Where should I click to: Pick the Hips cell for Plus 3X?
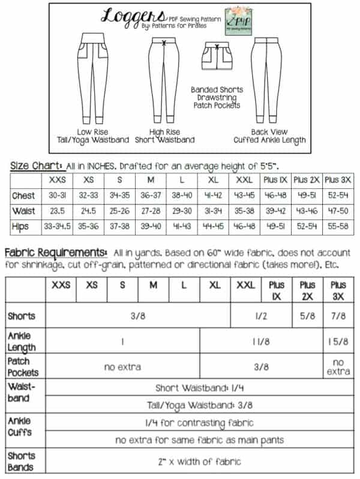coord(339,225)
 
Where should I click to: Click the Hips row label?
coord(23,225)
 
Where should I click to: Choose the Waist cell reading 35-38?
coord(245,210)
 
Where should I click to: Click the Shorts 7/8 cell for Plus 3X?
coord(338,315)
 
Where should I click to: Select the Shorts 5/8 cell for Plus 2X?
coord(307,315)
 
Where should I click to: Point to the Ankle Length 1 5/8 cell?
coord(338,342)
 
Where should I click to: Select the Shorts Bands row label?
coord(22,461)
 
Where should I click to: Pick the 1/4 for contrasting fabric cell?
coord(199,422)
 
